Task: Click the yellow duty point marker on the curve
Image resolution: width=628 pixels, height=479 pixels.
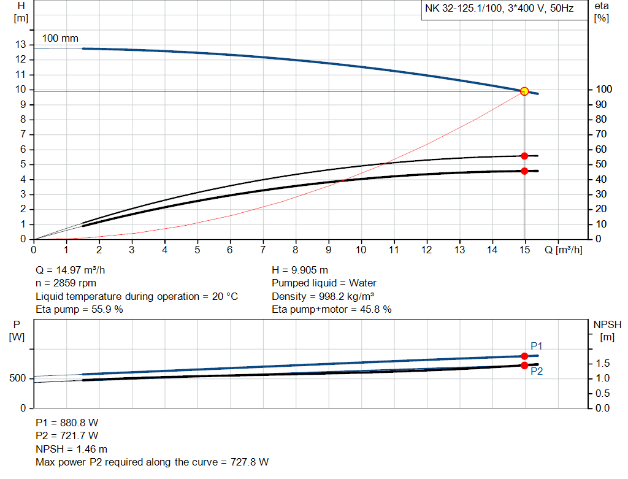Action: pos(524,91)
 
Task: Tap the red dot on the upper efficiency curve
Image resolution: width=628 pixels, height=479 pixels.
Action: pos(524,156)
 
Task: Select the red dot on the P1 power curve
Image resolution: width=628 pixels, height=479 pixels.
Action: pos(524,356)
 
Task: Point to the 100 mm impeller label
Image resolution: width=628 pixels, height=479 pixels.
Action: pos(60,38)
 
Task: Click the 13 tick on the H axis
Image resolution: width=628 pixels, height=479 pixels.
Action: pos(21,45)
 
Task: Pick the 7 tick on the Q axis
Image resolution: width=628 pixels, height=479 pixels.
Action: pos(262,250)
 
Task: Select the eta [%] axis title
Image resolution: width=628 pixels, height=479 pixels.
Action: pos(602,12)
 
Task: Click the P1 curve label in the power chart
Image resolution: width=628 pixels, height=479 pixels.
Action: pos(537,347)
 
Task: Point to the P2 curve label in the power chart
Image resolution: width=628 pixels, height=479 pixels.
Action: pos(537,372)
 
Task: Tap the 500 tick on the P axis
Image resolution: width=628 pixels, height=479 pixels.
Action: pos(17,378)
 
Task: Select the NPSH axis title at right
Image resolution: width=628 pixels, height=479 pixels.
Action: pos(603,330)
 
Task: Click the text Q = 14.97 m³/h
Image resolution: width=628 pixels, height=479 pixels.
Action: pos(74,270)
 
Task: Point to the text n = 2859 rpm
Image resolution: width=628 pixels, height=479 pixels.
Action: pos(66,283)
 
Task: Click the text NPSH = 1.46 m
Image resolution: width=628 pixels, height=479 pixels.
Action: pos(71,449)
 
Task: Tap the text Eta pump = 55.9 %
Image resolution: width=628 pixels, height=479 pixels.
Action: pos(79,310)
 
